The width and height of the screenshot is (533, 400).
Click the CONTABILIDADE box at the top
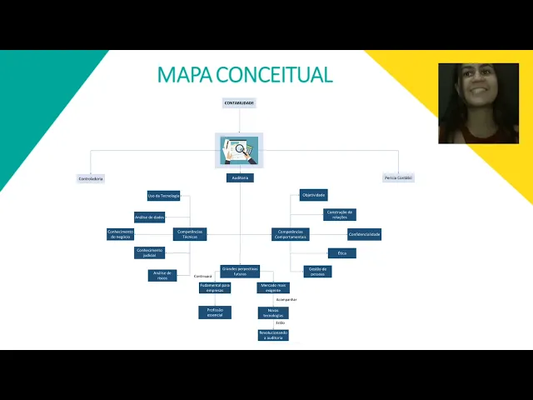(x=239, y=103)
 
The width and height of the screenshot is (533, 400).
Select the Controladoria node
(x=91, y=178)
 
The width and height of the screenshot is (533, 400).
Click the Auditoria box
(x=239, y=177)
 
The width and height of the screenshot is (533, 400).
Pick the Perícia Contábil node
(x=398, y=177)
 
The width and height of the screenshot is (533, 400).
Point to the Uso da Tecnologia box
(x=164, y=196)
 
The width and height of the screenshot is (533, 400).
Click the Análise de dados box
(x=150, y=217)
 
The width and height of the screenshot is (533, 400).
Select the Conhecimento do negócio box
(x=121, y=234)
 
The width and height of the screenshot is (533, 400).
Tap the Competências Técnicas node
(x=190, y=234)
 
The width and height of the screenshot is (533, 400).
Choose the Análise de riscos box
(x=162, y=275)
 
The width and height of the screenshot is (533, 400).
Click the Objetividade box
(x=313, y=195)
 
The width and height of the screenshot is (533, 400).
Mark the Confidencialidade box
(x=364, y=234)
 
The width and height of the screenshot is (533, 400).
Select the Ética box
(x=341, y=252)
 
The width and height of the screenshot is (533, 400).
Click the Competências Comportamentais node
(x=290, y=234)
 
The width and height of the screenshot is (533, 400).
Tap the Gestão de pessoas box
(x=316, y=271)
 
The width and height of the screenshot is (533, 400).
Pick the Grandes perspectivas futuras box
(x=240, y=271)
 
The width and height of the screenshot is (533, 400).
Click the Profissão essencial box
(x=215, y=312)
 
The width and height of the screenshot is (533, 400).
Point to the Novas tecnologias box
(x=273, y=312)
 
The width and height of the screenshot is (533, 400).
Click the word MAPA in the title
(x=185, y=75)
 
